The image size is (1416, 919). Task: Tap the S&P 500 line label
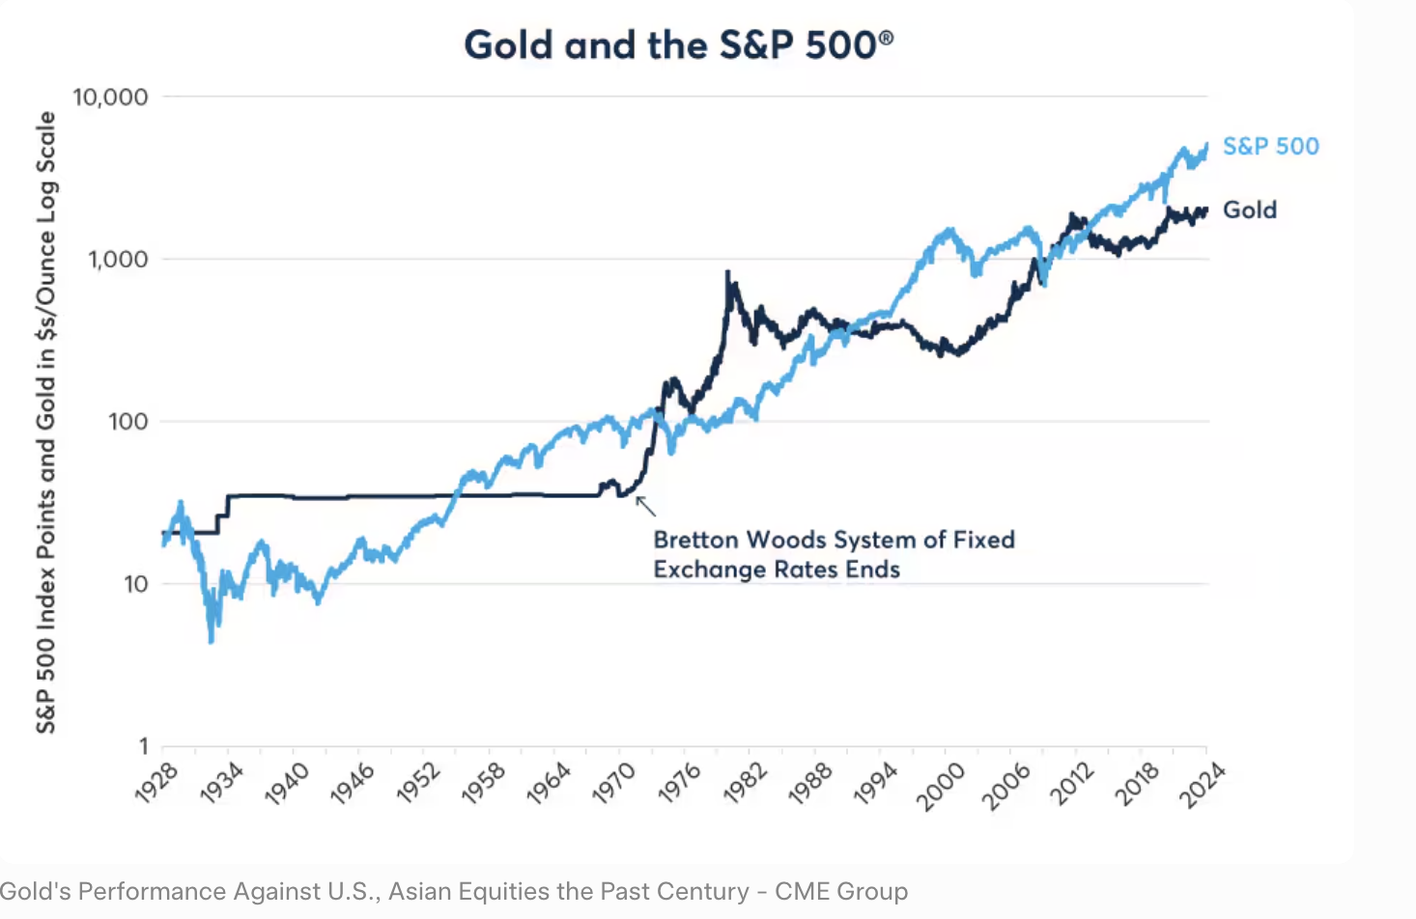tap(1270, 147)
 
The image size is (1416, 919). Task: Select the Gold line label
tap(1249, 210)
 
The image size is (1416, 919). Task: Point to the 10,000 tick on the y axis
tap(110, 97)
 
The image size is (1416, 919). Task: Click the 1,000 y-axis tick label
tap(118, 260)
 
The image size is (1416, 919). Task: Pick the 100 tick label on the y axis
tap(127, 422)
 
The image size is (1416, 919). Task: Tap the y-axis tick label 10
tap(135, 584)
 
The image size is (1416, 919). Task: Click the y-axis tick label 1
tap(143, 746)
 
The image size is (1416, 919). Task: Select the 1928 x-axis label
tap(156, 783)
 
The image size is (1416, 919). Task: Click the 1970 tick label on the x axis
tap(613, 783)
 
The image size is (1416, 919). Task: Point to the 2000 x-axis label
tap(940, 783)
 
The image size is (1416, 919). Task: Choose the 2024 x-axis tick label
tap(1203, 783)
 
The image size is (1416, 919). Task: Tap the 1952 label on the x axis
tap(418, 783)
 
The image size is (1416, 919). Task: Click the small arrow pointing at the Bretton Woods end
tap(644, 505)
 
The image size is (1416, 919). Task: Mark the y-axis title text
tap(45, 422)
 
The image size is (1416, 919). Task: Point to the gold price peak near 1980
tap(727, 273)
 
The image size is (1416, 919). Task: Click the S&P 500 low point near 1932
tap(212, 639)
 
